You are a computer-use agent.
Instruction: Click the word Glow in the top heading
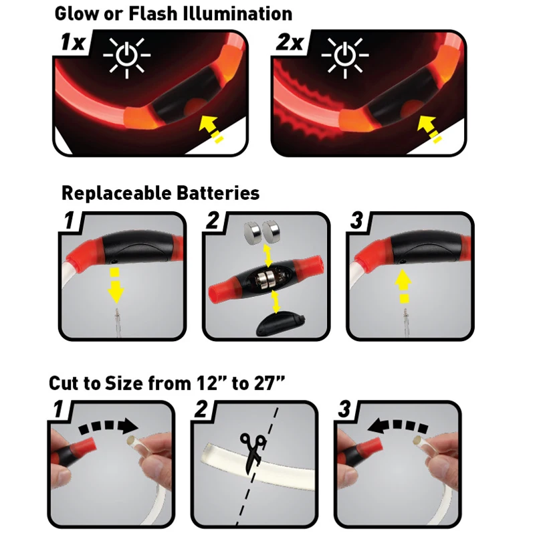78,13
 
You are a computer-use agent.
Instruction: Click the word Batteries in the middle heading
216,194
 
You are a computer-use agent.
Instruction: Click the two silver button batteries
263,232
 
